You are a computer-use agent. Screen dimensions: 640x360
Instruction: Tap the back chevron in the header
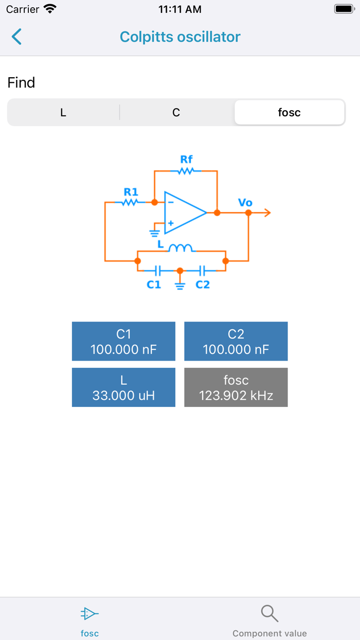17,37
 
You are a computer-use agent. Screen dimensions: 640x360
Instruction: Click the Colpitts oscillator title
180,37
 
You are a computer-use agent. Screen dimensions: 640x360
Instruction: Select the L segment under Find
63,113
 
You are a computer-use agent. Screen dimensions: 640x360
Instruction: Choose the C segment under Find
176,113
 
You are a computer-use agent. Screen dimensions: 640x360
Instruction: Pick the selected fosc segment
289,113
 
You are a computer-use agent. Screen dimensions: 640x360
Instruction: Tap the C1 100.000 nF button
123,342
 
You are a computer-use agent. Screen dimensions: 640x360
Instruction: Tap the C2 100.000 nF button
236,342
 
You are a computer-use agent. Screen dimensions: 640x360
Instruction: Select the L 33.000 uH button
123,387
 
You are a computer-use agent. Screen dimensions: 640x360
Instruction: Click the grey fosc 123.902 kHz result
236,387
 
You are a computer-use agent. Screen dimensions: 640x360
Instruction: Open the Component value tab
269,620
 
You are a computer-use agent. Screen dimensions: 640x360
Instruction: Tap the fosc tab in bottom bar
89,620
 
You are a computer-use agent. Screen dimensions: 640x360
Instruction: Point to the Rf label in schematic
186,159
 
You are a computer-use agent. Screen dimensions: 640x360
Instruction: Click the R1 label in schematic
131,191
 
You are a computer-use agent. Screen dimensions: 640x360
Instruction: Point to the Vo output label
245,203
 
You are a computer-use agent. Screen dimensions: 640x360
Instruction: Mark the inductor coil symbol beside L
181,248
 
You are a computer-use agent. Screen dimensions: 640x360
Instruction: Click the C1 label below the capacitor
154,285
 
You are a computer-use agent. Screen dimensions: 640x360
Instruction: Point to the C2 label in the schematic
203,285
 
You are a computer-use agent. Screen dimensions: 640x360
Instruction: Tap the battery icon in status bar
344,9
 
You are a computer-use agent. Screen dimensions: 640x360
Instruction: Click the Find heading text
22,83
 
